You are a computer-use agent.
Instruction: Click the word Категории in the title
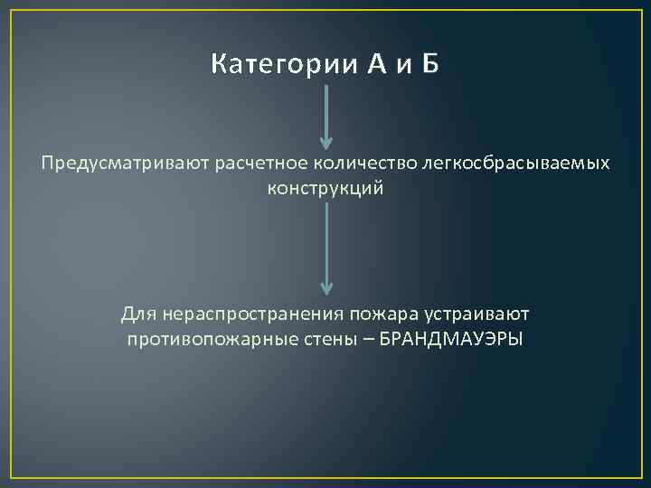tap(284, 65)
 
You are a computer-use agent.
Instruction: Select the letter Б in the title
tap(430, 65)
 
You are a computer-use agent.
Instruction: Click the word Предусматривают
tap(113, 164)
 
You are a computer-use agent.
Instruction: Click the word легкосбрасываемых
tap(493, 164)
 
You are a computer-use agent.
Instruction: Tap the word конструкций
tap(325, 189)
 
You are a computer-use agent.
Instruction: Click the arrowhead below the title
tap(326, 141)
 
